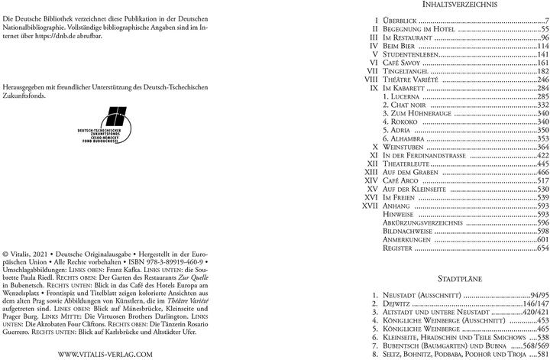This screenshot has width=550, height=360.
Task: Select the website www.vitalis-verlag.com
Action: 106,333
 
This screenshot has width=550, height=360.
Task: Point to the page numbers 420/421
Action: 532,311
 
